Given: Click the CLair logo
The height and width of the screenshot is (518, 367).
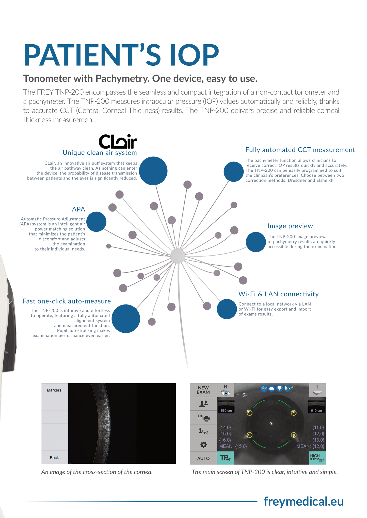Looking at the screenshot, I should [118, 141].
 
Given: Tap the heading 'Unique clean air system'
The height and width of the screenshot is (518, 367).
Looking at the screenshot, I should [100, 153].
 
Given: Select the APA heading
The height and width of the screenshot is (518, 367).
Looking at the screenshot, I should [78, 209].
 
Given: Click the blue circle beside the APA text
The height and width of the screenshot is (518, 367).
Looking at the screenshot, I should [96, 222].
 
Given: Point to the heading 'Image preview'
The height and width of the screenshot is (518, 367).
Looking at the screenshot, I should [290, 226].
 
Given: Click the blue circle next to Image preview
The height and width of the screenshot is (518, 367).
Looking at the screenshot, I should [256, 242].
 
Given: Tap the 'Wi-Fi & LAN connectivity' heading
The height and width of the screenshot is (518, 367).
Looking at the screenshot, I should [278, 294].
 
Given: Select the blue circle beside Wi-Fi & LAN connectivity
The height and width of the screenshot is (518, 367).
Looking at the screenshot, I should [227, 309].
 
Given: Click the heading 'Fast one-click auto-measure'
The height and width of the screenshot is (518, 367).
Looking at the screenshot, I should [67, 301].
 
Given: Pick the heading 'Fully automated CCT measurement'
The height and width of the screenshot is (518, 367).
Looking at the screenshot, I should [300, 150].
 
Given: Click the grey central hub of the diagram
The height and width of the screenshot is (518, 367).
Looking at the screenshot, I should [178, 256].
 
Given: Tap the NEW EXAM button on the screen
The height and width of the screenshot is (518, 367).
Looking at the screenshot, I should [203, 390].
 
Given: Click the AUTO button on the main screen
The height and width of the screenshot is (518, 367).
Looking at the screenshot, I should [203, 458].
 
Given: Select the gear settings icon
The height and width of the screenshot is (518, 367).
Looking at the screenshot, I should [203, 444].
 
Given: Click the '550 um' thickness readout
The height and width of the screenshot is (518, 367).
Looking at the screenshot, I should [226, 410].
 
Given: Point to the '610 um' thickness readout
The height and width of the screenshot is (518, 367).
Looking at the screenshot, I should [316, 410].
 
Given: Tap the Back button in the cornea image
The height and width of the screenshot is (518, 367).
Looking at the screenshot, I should [54, 457].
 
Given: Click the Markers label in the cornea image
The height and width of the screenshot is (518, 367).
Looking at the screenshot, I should [54, 390].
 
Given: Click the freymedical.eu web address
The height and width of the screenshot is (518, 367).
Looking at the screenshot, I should [304, 501].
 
